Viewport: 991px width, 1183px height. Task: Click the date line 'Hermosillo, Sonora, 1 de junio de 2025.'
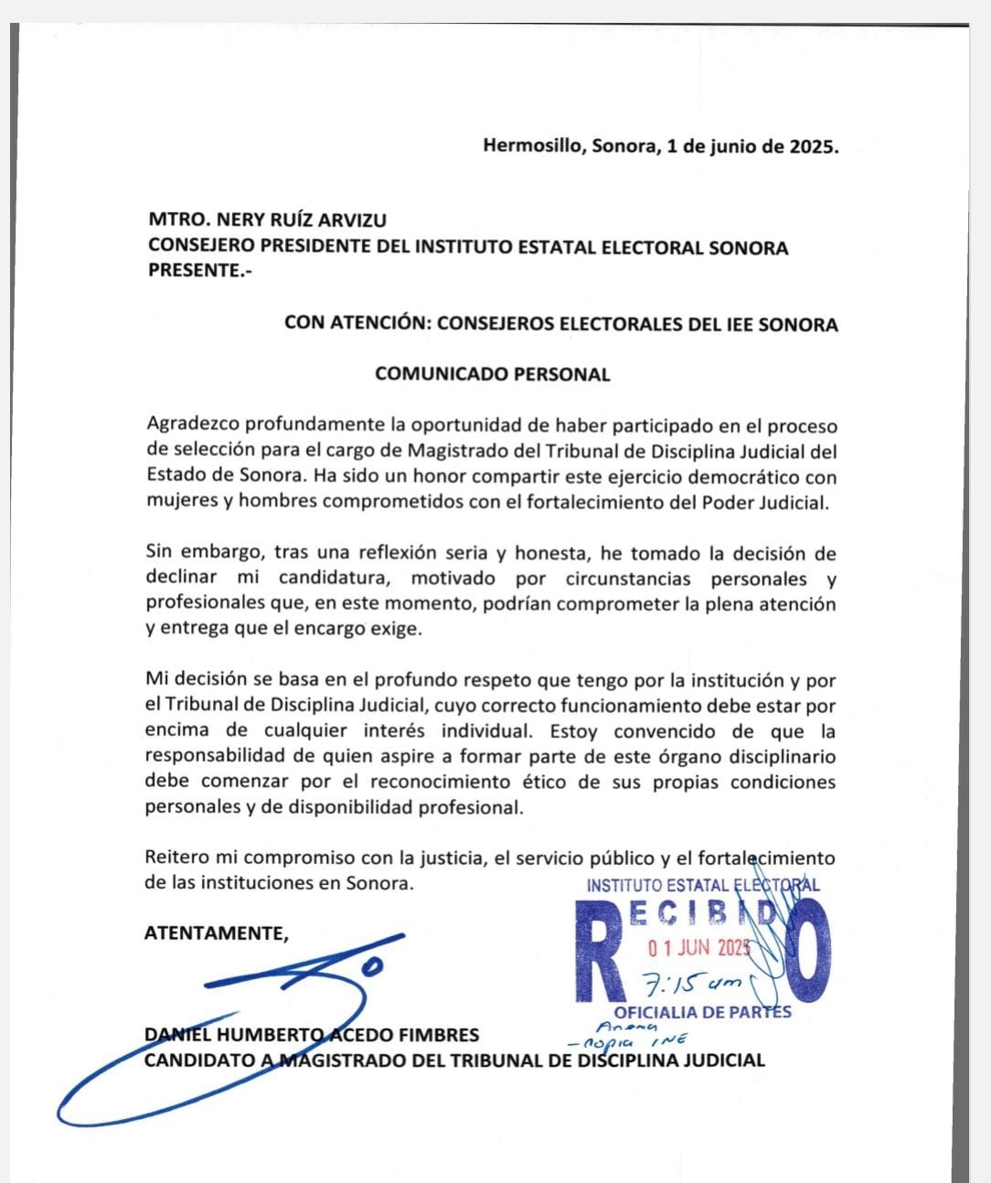coord(660,146)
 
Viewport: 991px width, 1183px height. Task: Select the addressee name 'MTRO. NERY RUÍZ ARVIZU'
coord(267,220)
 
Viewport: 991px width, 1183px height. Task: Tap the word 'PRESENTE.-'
coord(194,271)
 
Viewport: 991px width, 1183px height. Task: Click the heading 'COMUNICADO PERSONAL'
coord(493,374)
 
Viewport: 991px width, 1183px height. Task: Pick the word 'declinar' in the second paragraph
coord(181,579)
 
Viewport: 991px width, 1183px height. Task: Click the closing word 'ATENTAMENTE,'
coord(217,933)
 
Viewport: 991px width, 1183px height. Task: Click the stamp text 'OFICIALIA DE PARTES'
coord(702,1012)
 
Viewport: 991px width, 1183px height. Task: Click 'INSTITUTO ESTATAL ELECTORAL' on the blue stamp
coord(702,885)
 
